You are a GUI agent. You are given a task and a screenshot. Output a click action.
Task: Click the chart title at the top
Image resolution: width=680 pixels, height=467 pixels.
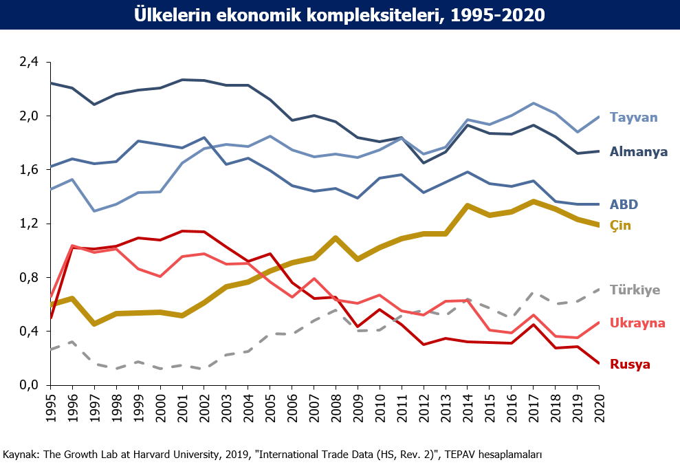tap(340, 14)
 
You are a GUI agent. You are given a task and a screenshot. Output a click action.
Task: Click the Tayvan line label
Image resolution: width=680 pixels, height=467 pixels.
tap(634, 118)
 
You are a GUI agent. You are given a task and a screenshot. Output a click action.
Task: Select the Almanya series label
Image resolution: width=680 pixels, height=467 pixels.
tap(638, 152)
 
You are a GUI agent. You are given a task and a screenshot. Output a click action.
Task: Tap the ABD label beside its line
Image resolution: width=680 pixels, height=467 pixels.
tap(624, 204)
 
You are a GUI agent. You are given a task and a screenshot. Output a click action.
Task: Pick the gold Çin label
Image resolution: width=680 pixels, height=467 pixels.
tap(620, 226)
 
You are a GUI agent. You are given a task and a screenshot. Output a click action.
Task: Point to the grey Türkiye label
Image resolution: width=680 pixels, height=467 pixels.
tap(635, 290)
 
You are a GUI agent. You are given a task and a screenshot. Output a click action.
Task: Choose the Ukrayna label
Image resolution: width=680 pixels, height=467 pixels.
tap(637, 323)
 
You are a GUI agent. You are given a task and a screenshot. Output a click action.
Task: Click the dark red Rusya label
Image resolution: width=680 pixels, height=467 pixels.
tap(630, 365)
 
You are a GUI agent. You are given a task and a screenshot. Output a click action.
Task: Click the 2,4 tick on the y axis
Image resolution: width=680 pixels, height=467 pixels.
tap(29, 62)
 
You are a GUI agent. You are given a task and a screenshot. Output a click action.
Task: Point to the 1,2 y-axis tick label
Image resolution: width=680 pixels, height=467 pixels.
tap(29, 224)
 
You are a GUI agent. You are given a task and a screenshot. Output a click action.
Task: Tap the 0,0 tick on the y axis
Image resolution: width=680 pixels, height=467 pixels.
tap(29, 385)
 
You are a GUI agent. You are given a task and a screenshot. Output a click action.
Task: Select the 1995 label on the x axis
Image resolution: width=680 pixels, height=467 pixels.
tap(51, 408)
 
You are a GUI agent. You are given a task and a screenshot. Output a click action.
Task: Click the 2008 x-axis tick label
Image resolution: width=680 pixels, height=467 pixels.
tap(336, 408)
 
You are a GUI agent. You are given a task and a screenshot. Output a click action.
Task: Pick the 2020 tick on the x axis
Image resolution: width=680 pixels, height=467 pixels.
tap(599, 408)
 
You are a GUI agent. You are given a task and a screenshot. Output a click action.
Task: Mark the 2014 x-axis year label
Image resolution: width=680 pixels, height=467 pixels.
tap(468, 408)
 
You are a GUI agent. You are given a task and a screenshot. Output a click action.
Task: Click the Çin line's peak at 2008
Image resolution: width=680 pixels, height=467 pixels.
tap(336, 238)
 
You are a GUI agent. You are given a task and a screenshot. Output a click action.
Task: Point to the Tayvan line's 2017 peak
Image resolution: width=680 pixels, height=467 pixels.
tap(533, 103)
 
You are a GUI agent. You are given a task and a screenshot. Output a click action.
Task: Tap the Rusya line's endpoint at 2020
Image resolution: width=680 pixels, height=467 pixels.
tap(599, 363)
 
